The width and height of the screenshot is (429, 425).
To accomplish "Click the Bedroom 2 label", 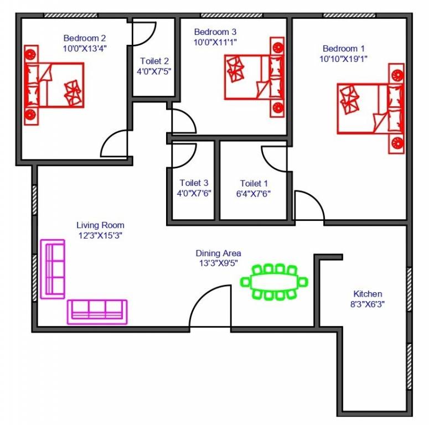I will pos(84,38).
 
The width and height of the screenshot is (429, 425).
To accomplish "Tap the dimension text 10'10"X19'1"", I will pos(343,58).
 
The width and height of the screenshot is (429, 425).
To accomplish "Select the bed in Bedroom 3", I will pos(255,76).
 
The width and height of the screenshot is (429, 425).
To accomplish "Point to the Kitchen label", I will pos(368,294).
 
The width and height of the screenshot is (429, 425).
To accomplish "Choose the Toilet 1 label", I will pos(254,183).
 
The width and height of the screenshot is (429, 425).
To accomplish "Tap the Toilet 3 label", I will pos(194,183).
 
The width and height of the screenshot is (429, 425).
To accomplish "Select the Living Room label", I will pos(100,225).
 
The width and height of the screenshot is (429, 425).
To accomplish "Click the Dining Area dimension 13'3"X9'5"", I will pos(219,263).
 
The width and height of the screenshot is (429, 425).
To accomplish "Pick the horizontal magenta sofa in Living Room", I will pos(97,311).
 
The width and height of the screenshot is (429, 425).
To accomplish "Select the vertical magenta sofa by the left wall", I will pos(53,268).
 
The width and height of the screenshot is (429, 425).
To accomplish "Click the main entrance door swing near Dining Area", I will pos(210,307).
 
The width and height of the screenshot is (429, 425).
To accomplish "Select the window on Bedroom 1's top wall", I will pos(346,15).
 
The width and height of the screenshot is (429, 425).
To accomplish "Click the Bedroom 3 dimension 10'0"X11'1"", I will pos(216,42).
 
